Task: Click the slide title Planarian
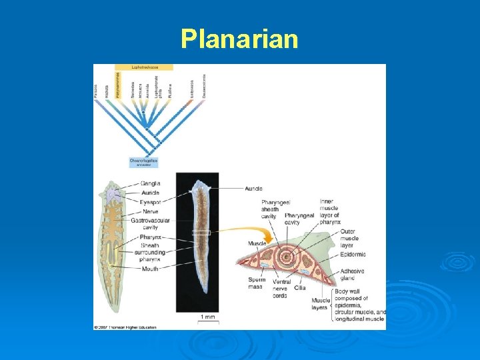(239, 39)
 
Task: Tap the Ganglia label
(150, 183)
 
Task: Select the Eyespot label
(150, 201)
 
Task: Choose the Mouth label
(149, 269)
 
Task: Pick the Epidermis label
(353, 254)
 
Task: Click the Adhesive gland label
(352, 275)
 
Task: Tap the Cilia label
(300, 288)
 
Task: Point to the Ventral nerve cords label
(281, 289)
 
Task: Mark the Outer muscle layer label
(349, 238)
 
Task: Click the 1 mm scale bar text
(208, 317)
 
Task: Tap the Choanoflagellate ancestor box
(144, 162)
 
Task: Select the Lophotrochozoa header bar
(144, 67)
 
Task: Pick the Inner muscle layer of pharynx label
(329, 212)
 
